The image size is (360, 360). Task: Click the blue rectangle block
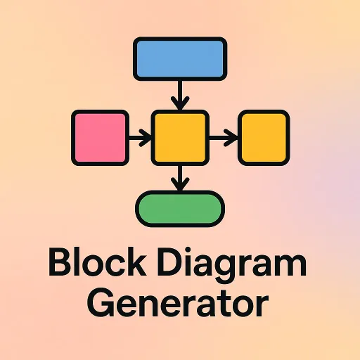click(x=180, y=59)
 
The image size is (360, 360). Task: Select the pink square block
click(x=100, y=138)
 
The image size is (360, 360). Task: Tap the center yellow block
click(x=180, y=138)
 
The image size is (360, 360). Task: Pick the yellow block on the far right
click(x=264, y=138)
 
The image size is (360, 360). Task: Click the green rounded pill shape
click(x=180, y=209)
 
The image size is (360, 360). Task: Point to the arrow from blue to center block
click(x=180, y=96)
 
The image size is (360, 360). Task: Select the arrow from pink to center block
click(x=140, y=138)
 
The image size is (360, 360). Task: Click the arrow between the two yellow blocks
click(x=224, y=138)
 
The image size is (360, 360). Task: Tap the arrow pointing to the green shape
click(x=180, y=179)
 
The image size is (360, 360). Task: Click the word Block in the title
click(x=97, y=262)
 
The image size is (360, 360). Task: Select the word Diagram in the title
click(x=232, y=264)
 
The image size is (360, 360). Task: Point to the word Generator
click(x=178, y=304)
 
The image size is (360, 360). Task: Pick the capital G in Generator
click(x=100, y=304)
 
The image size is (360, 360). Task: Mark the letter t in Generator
click(x=224, y=304)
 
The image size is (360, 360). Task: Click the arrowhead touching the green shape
click(x=180, y=184)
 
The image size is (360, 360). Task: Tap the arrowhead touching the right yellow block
click(x=231, y=138)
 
